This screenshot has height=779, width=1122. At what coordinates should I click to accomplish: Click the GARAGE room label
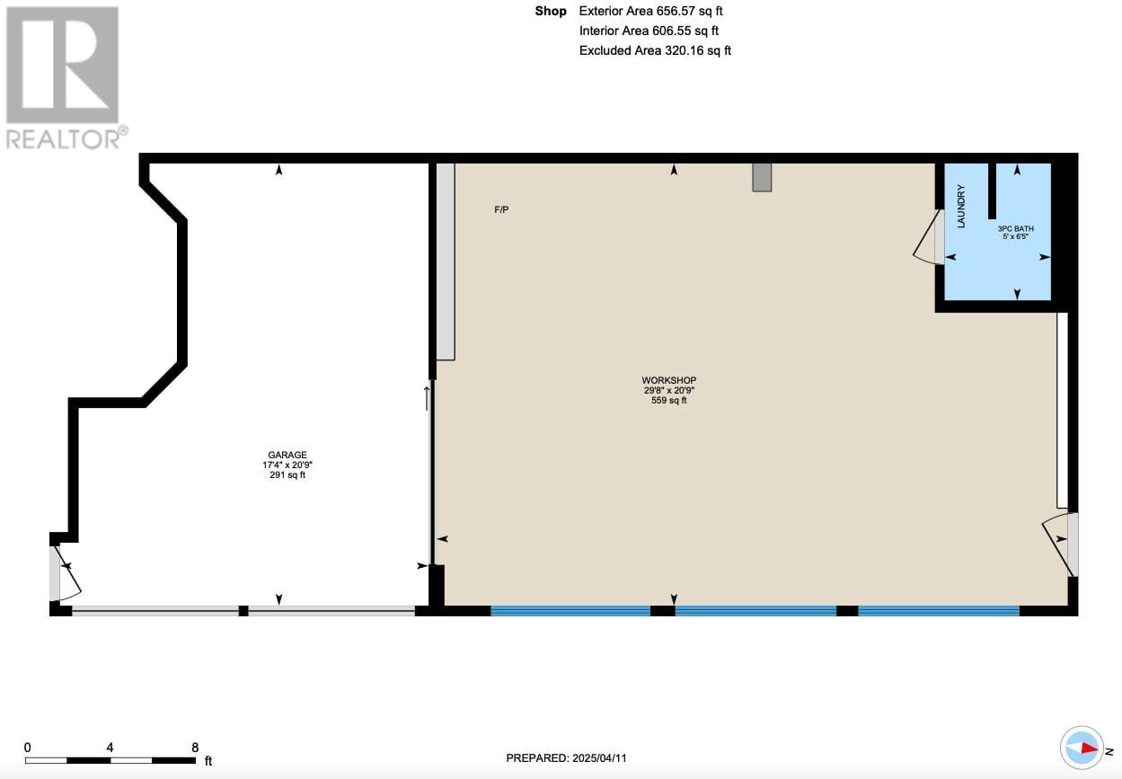(x=287, y=455)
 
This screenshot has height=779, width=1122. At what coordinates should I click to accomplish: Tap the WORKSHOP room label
(x=668, y=380)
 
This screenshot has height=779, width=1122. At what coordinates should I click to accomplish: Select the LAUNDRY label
(x=960, y=207)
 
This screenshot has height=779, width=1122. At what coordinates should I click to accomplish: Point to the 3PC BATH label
(x=1015, y=228)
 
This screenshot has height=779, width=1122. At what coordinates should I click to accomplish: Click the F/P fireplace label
(x=501, y=209)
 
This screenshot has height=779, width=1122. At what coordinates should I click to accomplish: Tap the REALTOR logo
(x=66, y=77)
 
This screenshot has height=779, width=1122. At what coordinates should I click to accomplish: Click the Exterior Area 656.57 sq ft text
(x=650, y=11)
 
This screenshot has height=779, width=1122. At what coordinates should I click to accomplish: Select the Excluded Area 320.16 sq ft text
(x=655, y=50)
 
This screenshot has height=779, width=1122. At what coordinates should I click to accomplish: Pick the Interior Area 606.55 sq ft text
(x=649, y=31)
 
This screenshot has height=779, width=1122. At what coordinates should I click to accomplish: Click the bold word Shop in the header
(x=551, y=11)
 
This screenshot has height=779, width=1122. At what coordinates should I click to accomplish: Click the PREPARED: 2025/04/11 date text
(x=566, y=758)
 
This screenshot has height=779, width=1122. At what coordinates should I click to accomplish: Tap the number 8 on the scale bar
(x=195, y=748)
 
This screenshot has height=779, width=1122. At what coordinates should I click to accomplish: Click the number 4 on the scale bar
(x=110, y=748)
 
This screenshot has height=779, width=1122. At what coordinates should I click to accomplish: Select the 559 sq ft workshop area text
(x=668, y=400)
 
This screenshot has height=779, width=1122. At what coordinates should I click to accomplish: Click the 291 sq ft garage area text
(x=287, y=475)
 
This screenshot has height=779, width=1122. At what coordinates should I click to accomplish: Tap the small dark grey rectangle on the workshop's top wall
(x=762, y=177)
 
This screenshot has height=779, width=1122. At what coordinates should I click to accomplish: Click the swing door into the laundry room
(x=929, y=236)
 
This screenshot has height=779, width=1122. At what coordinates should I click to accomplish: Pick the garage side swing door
(x=64, y=573)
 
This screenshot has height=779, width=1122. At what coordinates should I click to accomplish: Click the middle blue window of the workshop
(x=755, y=611)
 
